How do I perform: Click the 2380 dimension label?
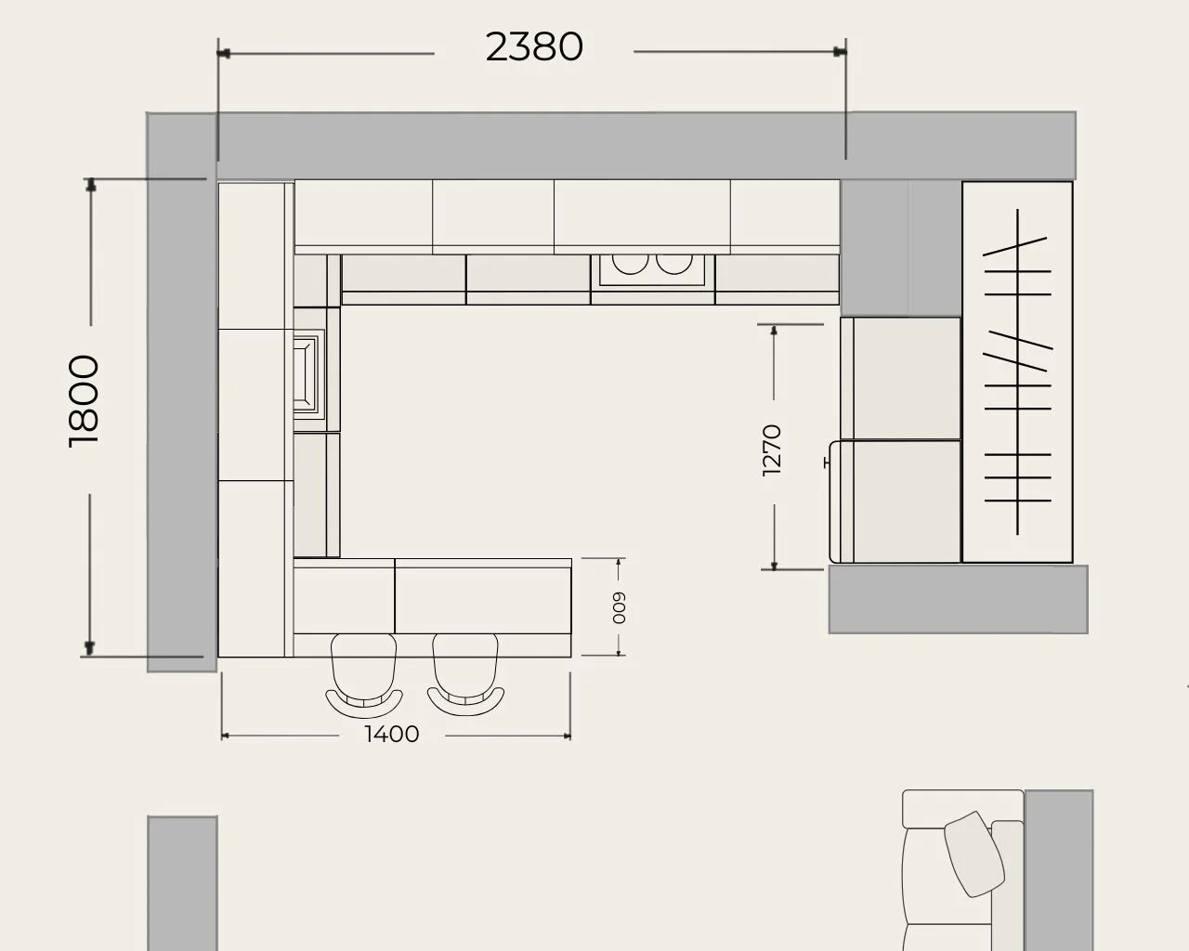pos(534,47)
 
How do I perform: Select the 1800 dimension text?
pos(84,400)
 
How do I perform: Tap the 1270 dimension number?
pos(771,450)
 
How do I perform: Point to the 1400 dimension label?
pos(392,735)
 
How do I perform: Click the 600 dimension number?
pos(619,608)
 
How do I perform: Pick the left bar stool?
pos(364,675)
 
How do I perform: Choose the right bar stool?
pos(465,674)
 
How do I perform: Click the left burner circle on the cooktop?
pos(630,264)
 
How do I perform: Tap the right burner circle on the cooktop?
pos(674,264)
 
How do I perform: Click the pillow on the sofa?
pos(974,853)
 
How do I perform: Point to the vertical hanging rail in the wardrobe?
pos(1017,371)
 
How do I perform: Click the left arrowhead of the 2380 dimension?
pos(224,54)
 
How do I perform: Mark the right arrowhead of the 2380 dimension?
pos(839,52)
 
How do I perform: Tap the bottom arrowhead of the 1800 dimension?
pos(89,649)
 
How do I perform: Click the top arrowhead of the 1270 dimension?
pos(774,331)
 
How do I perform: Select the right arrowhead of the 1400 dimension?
pos(567,736)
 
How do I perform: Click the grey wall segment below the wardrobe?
pos(958,600)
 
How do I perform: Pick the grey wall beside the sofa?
pos(1059,870)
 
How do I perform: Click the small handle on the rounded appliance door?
pos(827,462)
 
